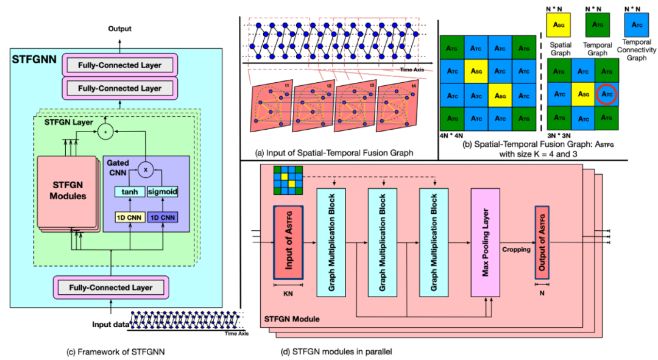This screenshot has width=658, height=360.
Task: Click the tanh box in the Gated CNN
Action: tap(129, 191)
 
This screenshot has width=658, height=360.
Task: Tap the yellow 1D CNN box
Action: tap(129, 217)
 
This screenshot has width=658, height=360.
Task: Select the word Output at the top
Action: tap(119, 29)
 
